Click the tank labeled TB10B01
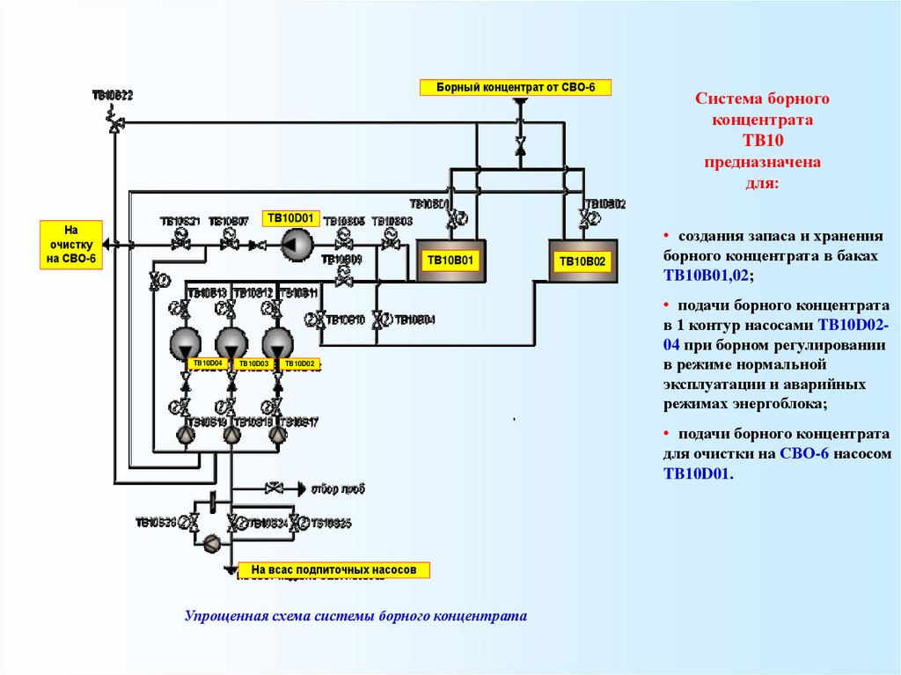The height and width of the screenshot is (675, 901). click(x=450, y=260)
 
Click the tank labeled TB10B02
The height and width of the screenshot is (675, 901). click(x=582, y=260)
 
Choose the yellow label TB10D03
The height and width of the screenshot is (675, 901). click(x=253, y=363)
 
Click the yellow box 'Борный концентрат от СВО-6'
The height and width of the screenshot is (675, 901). click(x=515, y=87)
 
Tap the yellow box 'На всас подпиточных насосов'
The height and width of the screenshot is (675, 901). click(x=333, y=570)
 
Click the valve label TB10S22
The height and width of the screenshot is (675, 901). click(x=113, y=95)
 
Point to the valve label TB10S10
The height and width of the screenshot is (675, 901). click(x=345, y=319)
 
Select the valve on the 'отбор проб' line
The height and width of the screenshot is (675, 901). click(x=275, y=488)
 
